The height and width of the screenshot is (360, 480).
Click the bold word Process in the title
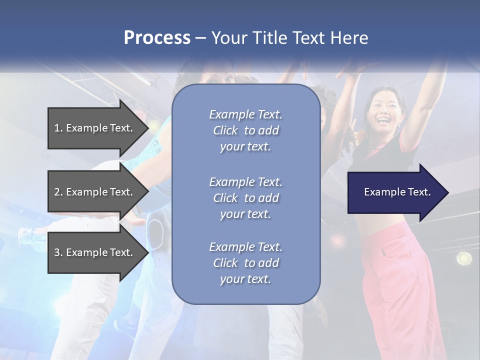157,38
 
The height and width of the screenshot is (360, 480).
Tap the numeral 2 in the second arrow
56,192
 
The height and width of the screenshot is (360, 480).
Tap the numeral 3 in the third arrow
56,252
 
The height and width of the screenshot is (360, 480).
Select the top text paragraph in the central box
245,130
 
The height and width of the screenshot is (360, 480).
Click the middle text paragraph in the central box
245,198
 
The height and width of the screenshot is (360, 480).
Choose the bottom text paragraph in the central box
245,263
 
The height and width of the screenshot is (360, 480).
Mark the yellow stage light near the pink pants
464,258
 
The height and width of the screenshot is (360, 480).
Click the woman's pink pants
395,280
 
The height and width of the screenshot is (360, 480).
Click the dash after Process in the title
200,38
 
